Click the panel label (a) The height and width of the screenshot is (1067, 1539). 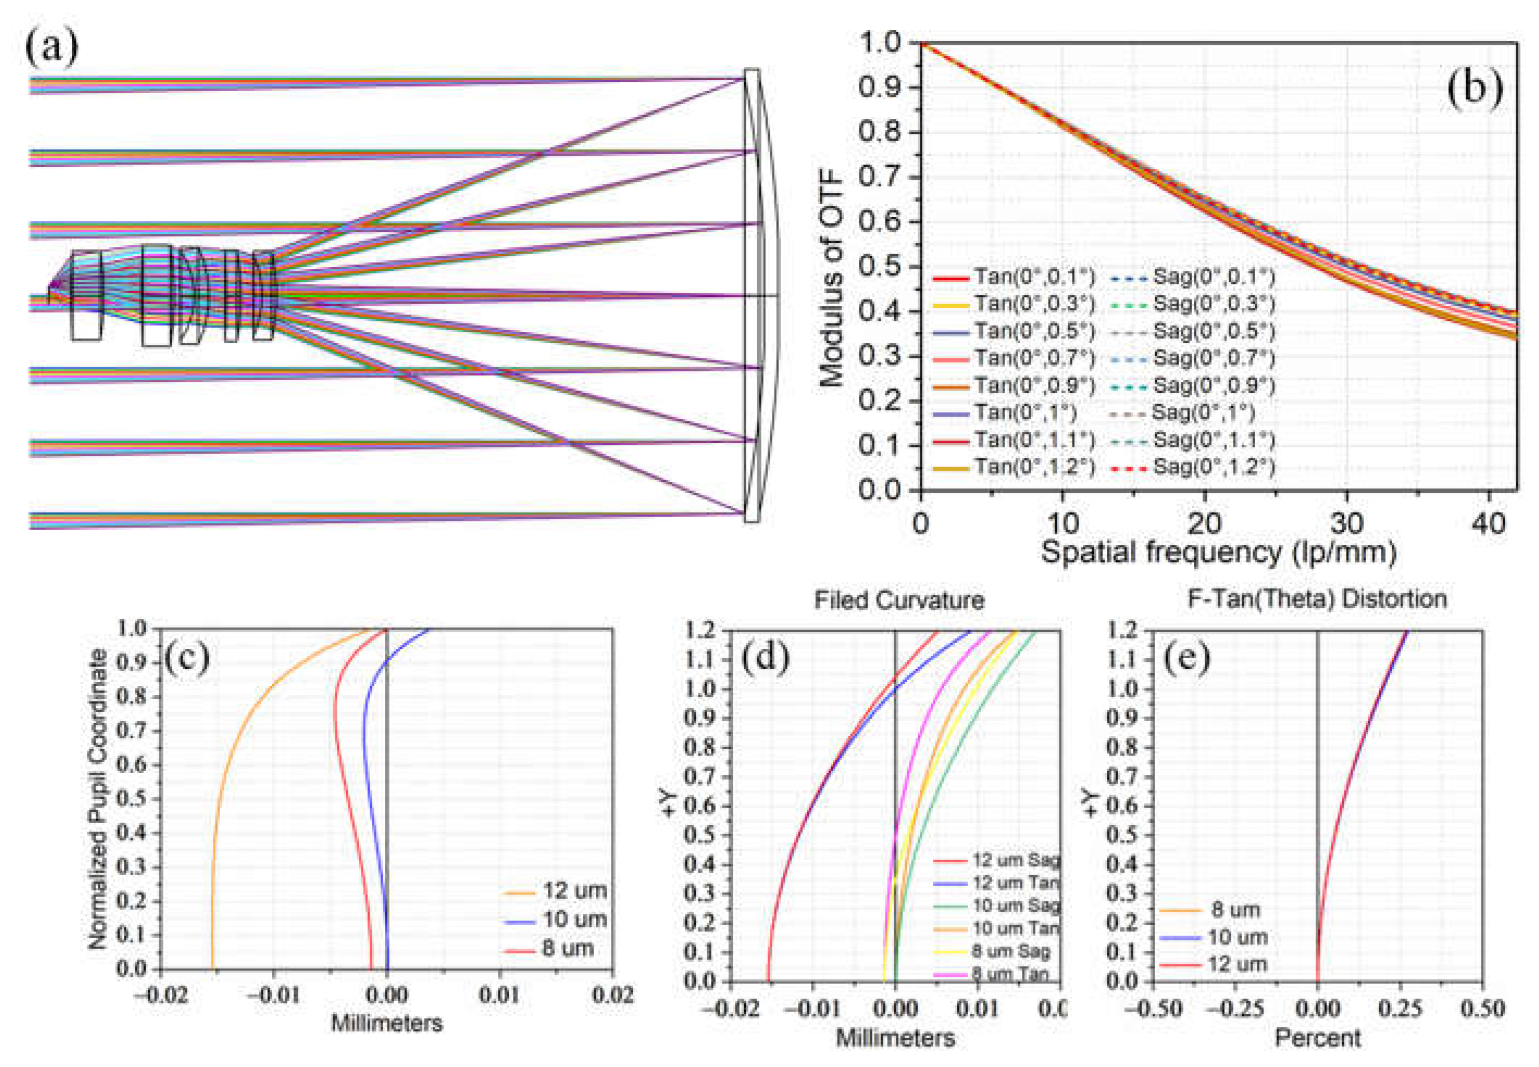click(52, 48)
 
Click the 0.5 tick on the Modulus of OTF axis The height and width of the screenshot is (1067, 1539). click(879, 266)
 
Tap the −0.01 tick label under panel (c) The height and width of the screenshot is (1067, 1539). click(273, 995)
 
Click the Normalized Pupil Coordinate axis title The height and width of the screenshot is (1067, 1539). click(98, 799)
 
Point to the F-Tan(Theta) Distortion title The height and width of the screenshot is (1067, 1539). click(1317, 598)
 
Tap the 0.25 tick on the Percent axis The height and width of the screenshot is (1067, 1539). click(1400, 1009)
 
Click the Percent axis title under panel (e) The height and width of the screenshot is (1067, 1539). click(1317, 1038)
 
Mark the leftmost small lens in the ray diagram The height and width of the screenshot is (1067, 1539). click(87, 296)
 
